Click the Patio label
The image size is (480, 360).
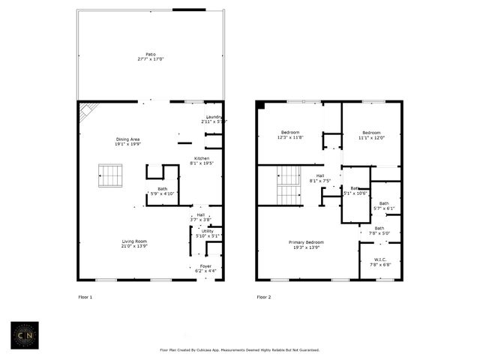151,57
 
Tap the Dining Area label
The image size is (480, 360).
127,142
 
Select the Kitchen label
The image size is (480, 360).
202,160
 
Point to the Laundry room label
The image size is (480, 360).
213,118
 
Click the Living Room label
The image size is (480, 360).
134,244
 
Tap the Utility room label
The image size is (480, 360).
207,233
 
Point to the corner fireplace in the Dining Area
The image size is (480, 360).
88,111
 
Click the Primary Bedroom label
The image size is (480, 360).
308,244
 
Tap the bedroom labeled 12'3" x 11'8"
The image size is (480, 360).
289,134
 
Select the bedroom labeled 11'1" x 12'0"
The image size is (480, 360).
370,135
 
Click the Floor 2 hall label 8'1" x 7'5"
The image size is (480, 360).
319,178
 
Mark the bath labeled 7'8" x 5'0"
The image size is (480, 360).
379,230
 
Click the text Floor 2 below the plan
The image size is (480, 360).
264,297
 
